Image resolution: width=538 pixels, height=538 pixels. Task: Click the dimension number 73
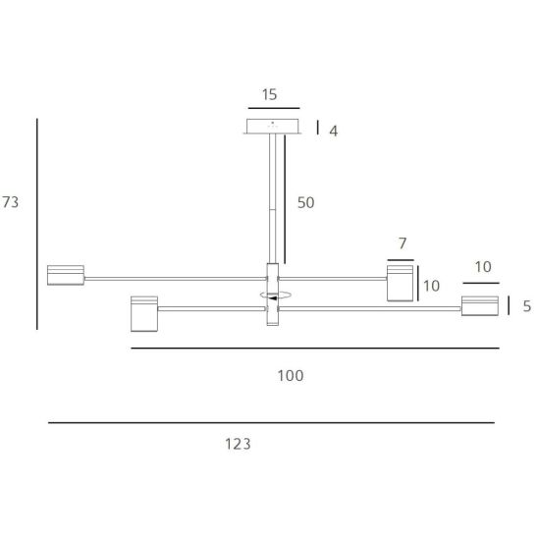pos(10,202)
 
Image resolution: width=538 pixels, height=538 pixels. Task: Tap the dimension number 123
pos(238,444)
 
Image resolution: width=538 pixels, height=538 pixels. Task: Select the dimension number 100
pos(291,376)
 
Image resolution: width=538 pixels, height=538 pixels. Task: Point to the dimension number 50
pos(305,202)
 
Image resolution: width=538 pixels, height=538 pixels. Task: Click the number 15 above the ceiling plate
pos(269,94)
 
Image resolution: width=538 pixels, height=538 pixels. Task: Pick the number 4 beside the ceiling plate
pos(334,132)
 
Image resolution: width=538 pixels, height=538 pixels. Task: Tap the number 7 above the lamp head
pos(403,243)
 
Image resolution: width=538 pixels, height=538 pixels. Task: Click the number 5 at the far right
pos(527,306)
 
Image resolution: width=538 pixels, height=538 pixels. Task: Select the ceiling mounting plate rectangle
pos(272,126)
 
